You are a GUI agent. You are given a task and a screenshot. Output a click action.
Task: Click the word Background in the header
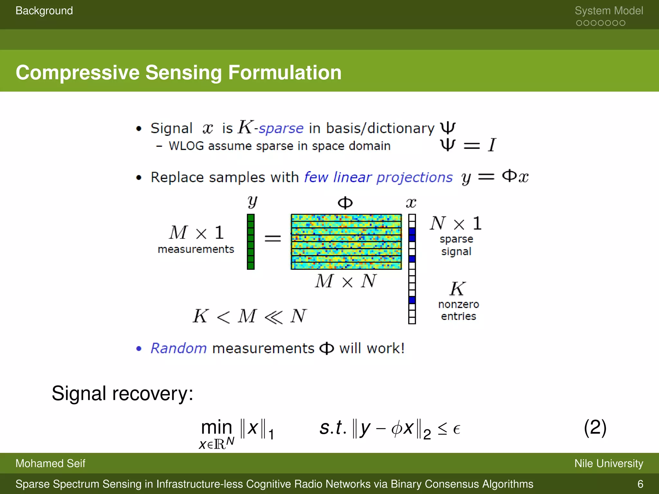click(44, 11)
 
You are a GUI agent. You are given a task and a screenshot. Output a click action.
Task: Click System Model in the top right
click(608, 11)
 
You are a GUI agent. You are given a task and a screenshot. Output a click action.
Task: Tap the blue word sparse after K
click(281, 128)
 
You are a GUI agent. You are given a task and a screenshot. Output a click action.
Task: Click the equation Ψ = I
click(468, 145)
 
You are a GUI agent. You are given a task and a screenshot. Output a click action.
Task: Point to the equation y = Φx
click(495, 177)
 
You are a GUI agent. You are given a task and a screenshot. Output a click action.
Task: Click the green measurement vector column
click(251, 242)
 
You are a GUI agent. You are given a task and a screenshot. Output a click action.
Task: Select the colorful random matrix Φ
click(346, 242)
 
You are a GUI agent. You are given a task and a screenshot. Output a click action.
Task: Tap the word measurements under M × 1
click(196, 249)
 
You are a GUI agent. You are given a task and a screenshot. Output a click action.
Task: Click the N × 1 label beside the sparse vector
click(456, 223)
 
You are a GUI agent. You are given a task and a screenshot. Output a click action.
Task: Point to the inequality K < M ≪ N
click(249, 316)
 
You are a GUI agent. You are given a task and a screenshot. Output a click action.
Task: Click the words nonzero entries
click(458, 310)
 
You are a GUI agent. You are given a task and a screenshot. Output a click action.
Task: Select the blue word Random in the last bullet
click(179, 348)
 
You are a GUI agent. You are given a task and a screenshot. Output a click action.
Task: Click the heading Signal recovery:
click(123, 393)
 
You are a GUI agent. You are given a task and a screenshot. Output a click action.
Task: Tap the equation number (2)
click(595, 428)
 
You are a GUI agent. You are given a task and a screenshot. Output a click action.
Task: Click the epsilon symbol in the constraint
click(456, 429)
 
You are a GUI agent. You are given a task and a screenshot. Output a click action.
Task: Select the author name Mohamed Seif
click(50, 463)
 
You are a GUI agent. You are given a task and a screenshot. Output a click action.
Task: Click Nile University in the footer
click(608, 463)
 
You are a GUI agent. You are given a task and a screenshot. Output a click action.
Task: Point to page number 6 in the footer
click(640, 484)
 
